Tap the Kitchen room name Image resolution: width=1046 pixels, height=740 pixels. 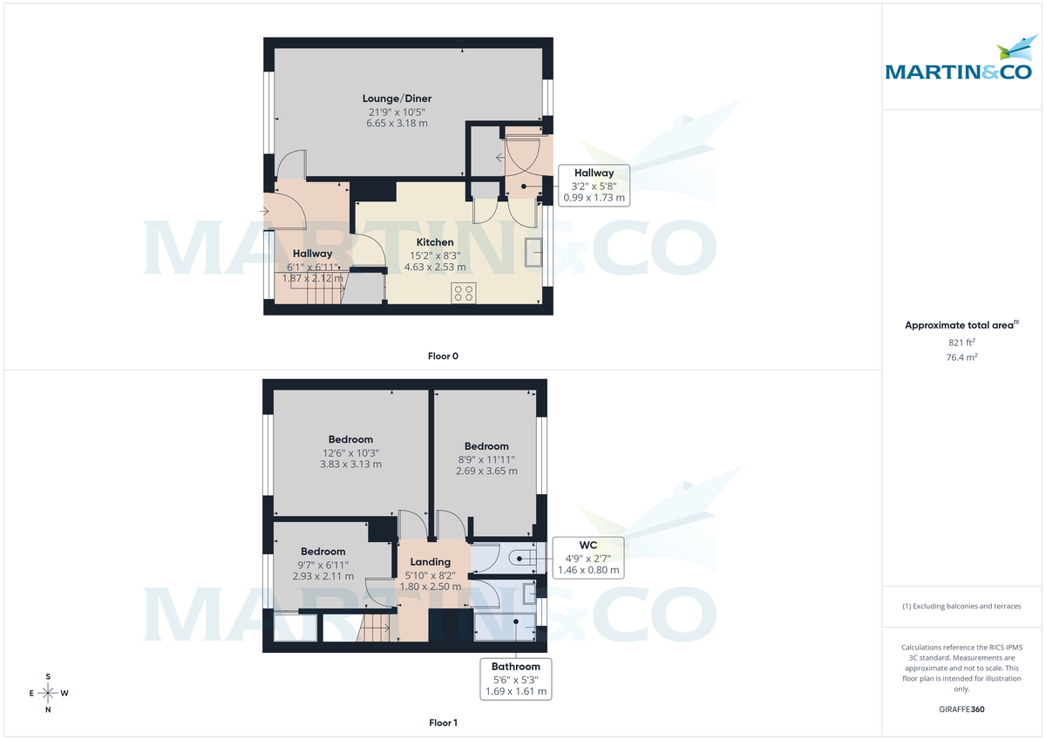click(434, 242)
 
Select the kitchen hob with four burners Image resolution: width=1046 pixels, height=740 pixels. click(463, 293)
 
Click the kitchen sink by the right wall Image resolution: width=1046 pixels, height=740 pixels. click(533, 253)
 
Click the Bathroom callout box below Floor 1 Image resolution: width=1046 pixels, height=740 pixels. click(516, 678)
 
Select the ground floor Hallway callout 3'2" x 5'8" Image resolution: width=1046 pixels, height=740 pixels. click(594, 185)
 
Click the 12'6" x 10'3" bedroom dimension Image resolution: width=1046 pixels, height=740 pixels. click(350, 452)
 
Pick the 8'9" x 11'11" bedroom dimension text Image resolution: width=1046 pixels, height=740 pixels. click(486, 459)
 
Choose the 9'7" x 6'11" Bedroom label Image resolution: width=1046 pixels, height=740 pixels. click(323, 552)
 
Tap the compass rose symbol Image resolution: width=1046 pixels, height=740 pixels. click(48, 693)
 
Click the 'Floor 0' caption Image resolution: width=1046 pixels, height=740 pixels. click(443, 355)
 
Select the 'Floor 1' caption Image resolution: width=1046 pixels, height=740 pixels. click(443, 723)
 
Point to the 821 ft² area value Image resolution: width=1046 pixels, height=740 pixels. click(961, 343)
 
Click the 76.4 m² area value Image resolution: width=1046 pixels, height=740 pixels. click(961, 357)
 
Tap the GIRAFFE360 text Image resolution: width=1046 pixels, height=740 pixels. click(961, 709)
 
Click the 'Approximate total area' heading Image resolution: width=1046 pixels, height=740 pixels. click(961, 325)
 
